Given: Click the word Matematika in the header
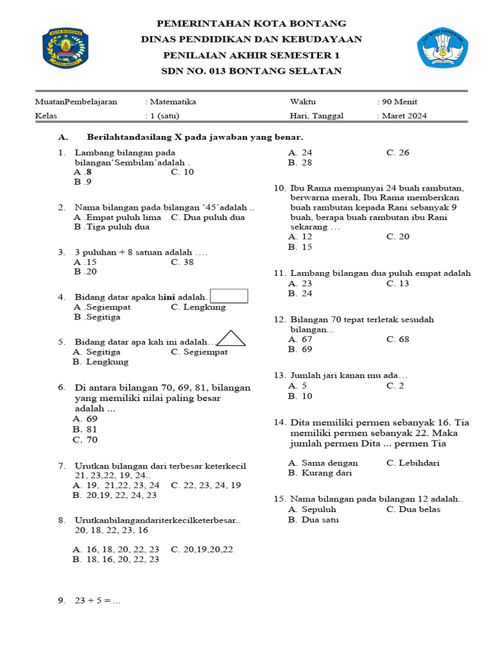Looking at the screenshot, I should (x=173, y=101).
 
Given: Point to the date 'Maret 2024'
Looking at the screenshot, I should (x=404, y=116).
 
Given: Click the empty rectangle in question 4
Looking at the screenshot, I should (x=229, y=295).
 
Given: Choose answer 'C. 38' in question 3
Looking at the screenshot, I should (x=182, y=262).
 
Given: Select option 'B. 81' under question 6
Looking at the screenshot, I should (x=85, y=429).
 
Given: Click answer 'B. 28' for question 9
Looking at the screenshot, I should (x=300, y=163).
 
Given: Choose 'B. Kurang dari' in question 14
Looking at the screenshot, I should (x=320, y=473).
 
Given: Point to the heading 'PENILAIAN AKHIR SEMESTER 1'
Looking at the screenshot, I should (x=251, y=56).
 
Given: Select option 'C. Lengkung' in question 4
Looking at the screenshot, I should (x=198, y=307).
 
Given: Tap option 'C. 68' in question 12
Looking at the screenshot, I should (x=398, y=339).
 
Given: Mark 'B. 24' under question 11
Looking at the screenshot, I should (x=300, y=293).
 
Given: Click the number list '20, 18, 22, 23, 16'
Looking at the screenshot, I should (x=112, y=530).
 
